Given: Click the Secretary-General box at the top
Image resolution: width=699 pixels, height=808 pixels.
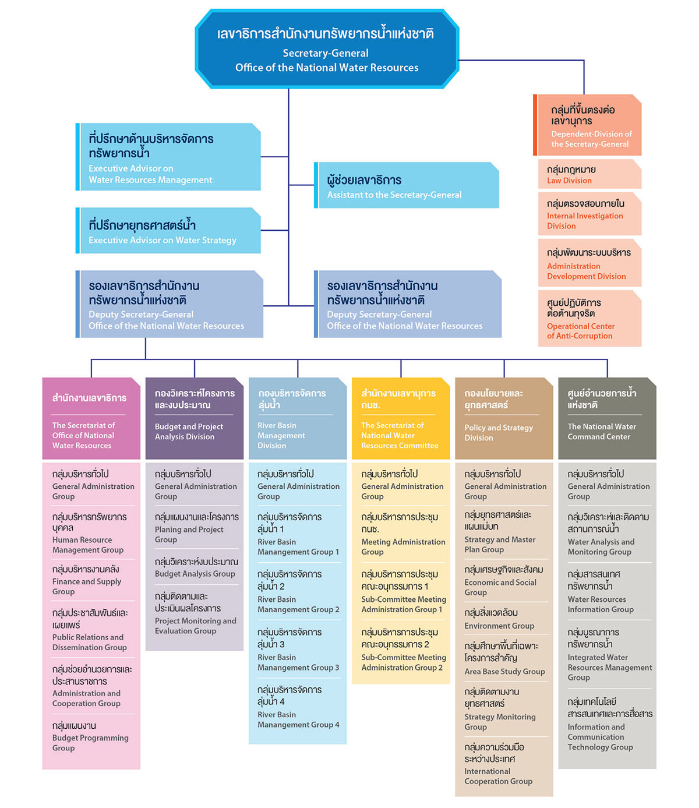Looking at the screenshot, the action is click(327, 49).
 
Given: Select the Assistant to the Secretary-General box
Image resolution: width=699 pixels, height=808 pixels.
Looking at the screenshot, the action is click(407, 185).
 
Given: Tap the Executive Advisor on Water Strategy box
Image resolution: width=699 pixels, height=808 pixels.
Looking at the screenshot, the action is click(168, 230).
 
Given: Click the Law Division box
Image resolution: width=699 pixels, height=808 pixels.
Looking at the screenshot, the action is click(589, 174).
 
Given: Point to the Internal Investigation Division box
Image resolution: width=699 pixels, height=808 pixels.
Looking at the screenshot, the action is click(589, 214).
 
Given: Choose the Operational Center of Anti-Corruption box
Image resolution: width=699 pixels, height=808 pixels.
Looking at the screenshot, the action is click(589, 318).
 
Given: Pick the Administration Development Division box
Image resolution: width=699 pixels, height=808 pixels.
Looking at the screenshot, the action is click(589, 263).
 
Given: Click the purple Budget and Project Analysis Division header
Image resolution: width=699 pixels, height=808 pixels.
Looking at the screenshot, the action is click(195, 418).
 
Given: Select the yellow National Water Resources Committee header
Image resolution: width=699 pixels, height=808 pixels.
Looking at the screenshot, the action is click(401, 418).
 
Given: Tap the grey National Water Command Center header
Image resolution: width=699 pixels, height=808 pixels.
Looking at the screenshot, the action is click(607, 418).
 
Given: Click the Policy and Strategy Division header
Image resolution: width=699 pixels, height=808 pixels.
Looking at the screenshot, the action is click(504, 418).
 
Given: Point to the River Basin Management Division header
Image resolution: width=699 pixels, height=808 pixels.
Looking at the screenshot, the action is click(298, 418).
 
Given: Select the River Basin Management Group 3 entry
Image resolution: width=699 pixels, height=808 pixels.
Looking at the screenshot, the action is click(298, 650).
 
